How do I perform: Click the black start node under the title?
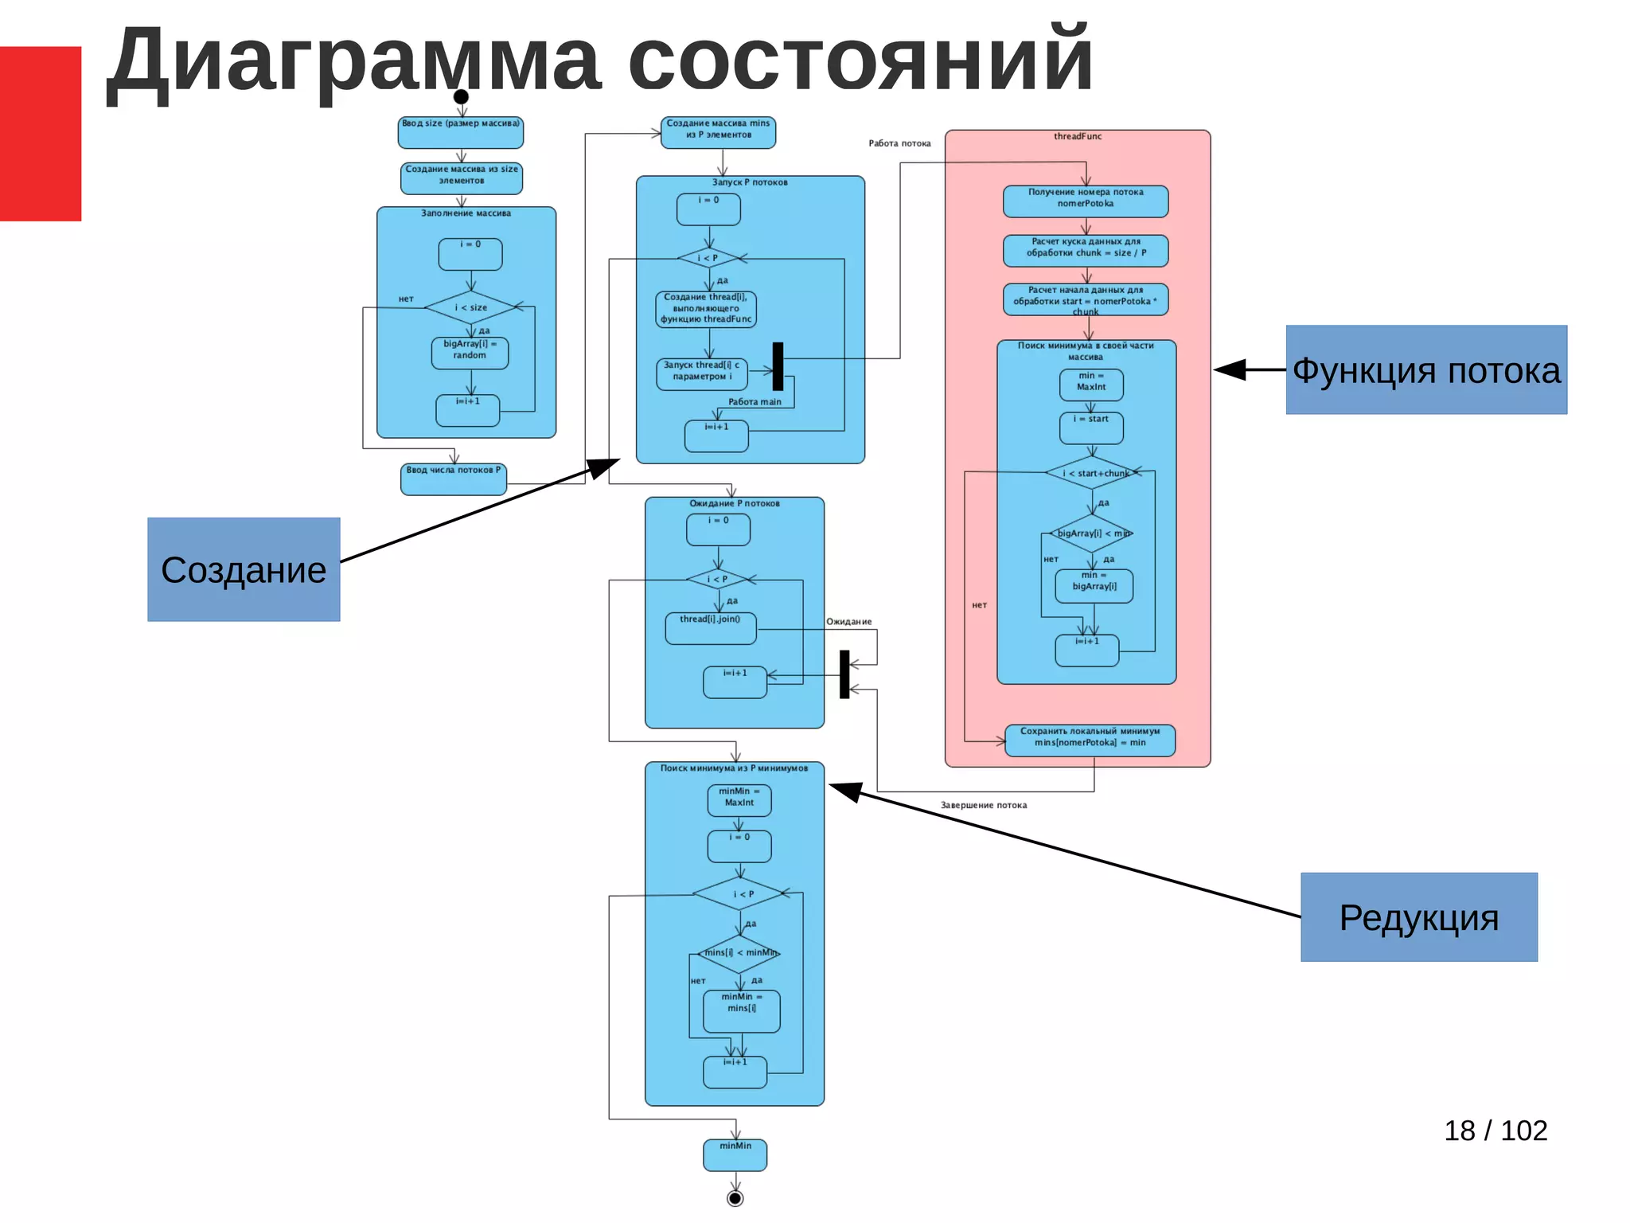tap(461, 97)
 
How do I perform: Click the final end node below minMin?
tap(735, 1198)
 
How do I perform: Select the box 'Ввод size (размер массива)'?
tap(461, 132)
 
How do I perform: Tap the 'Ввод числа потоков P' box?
tap(454, 479)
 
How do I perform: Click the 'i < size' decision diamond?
tap(471, 307)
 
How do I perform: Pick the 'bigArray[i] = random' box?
tap(470, 353)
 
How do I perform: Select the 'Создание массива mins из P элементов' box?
tap(718, 132)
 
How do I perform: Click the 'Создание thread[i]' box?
tap(706, 309)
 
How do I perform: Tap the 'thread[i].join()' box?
tap(711, 627)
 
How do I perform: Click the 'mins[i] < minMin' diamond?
tap(739, 953)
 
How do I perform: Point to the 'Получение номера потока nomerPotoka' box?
tap(1086, 201)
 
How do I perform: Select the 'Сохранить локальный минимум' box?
tap(1090, 740)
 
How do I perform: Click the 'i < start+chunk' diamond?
tap(1093, 473)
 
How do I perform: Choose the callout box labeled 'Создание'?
tap(244, 569)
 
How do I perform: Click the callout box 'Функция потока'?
tap(1426, 369)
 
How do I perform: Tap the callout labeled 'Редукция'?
tap(1419, 917)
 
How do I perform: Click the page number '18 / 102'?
tap(1495, 1131)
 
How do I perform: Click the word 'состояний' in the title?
tap(860, 60)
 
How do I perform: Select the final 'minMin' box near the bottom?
tap(735, 1155)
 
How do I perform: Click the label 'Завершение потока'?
tap(984, 805)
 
